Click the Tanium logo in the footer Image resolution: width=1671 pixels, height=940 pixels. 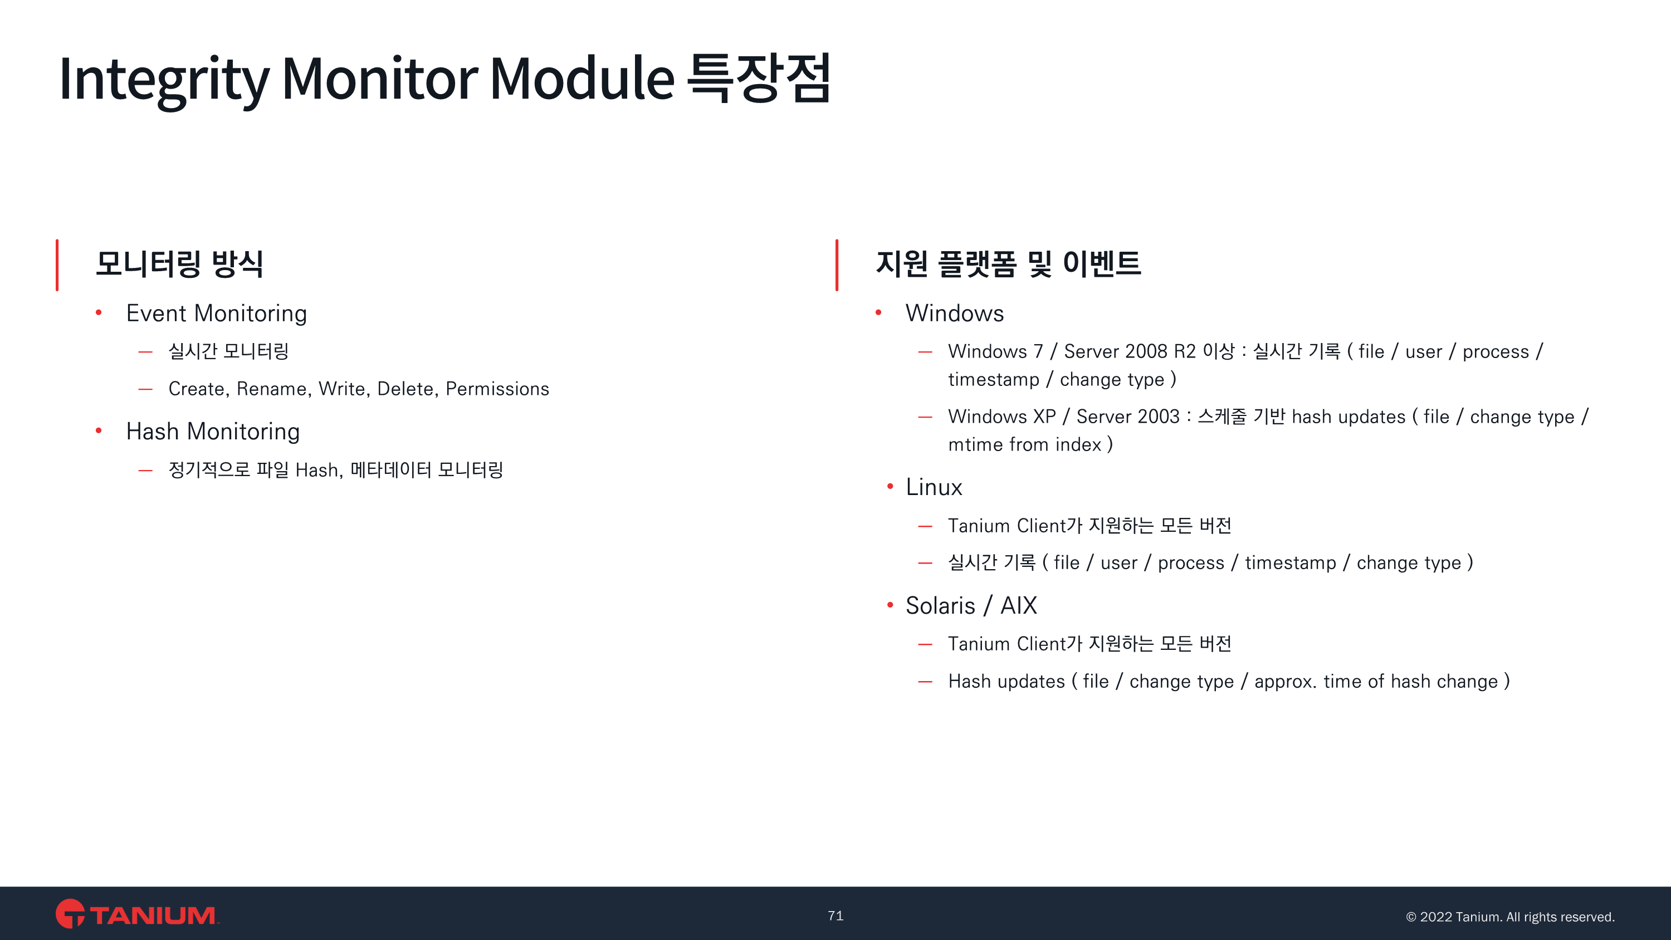click(x=137, y=913)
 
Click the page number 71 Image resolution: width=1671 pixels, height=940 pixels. click(x=836, y=915)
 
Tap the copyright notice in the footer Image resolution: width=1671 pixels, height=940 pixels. click(x=1509, y=917)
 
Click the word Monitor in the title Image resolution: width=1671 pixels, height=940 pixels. click(x=379, y=79)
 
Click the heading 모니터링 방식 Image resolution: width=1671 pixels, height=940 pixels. click(x=179, y=264)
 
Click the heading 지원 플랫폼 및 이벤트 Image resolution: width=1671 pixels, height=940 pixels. click(x=1008, y=264)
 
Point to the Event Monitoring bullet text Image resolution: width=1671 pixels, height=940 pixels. click(x=216, y=314)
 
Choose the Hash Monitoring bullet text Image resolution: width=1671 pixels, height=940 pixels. click(x=213, y=432)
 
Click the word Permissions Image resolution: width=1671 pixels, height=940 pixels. click(x=497, y=389)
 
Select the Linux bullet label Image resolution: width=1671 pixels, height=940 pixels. click(x=934, y=487)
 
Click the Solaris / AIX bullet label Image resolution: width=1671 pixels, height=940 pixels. click(x=971, y=605)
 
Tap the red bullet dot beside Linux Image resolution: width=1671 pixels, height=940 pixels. click(x=890, y=486)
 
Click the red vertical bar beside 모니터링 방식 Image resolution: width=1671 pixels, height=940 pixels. click(x=57, y=265)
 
